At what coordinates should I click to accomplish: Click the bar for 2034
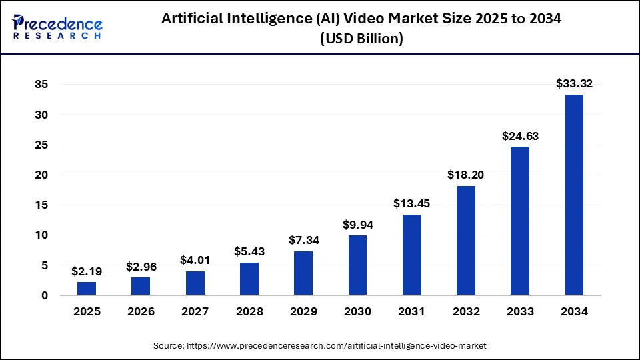[x=574, y=195]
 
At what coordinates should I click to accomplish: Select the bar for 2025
[x=87, y=288]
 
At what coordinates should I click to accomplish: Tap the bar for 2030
[x=357, y=265]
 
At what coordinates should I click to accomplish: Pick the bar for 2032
[x=466, y=240]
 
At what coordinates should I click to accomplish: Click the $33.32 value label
[x=574, y=83]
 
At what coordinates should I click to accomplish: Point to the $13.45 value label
[x=411, y=203]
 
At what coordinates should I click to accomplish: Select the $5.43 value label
[x=249, y=251]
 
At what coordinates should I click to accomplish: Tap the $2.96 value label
[x=141, y=267]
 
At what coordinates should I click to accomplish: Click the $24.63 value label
[x=520, y=136]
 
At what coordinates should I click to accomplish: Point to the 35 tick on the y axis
[x=41, y=85]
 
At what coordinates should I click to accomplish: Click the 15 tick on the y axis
[x=41, y=205]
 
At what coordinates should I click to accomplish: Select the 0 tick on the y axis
[x=44, y=295]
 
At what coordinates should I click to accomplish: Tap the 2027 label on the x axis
[x=195, y=311]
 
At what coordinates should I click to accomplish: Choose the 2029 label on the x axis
[x=303, y=311]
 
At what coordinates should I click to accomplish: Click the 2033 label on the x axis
[x=520, y=311]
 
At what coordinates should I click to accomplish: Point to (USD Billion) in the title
[x=361, y=39]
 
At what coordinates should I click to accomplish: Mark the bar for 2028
[x=249, y=279]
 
